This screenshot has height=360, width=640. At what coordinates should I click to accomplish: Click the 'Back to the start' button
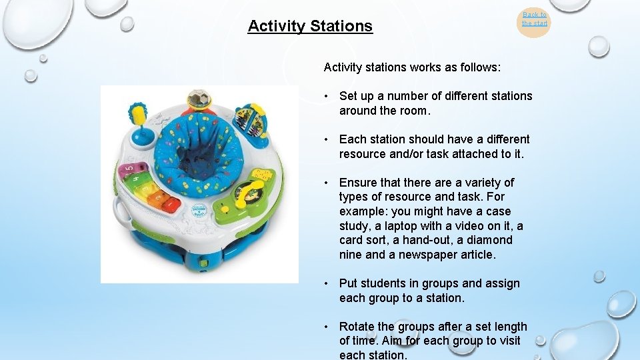[x=534, y=19]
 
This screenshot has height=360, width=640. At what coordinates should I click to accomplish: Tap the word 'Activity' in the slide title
[x=275, y=26]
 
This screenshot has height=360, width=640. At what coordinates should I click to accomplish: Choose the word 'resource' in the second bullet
[x=361, y=154]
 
